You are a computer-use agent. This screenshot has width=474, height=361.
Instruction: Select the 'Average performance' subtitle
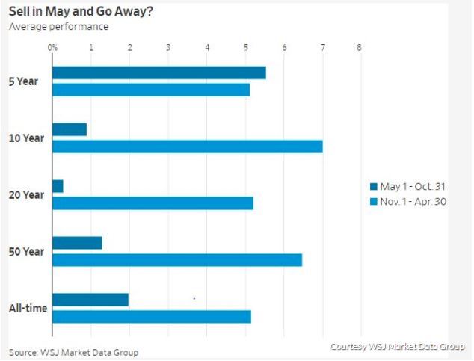(58, 27)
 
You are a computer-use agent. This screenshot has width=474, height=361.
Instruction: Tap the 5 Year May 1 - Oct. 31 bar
(158, 72)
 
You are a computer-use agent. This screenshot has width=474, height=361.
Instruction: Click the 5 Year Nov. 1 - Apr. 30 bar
(150, 90)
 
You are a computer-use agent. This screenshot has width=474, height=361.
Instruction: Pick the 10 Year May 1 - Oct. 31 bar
(70, 129)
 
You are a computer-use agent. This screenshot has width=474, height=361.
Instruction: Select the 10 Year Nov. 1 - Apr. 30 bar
(187, 146)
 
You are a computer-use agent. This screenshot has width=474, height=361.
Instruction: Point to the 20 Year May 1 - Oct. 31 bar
(58, 186)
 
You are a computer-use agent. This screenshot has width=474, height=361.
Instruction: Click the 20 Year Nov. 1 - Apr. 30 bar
(153, 203)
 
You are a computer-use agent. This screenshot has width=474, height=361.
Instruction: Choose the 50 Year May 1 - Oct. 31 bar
(77, 243)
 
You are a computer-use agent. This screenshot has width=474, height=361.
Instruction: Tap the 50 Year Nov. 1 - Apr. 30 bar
(177, 260)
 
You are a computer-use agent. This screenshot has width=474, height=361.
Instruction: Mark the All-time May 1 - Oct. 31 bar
(90, 300)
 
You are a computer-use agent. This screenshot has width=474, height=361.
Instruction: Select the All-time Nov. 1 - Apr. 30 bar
(151, 317)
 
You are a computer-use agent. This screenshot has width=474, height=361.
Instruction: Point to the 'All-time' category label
(25, 308)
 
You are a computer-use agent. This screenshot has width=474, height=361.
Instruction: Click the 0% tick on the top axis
(53, 47)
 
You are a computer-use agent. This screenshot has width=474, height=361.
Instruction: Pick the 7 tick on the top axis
(322, 47)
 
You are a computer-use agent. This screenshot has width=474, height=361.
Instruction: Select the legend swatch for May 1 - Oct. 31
(374, 187)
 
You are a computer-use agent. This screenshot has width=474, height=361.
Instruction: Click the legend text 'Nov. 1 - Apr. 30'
(413, 201)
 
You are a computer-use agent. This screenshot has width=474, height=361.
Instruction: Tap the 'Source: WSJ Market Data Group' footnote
(73, 352)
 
